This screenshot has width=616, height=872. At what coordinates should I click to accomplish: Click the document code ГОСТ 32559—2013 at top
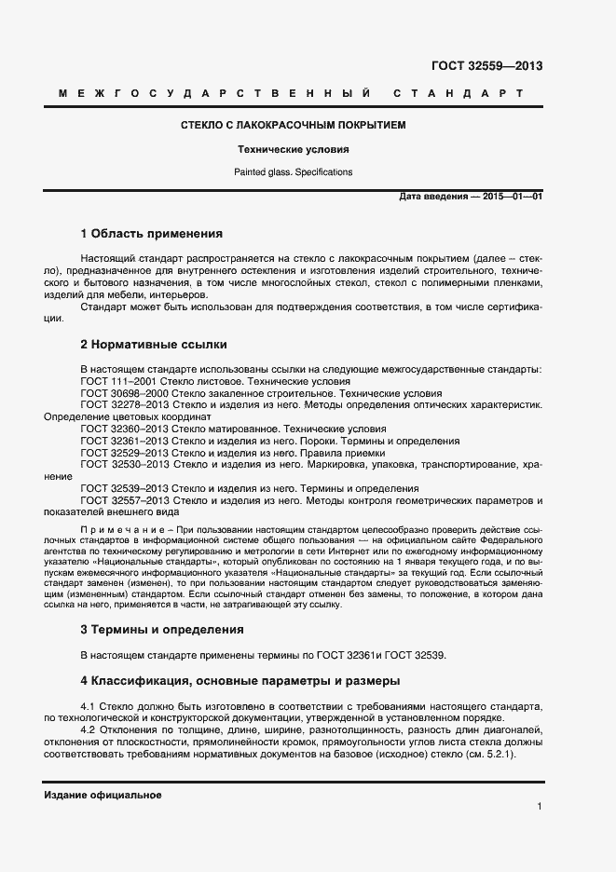[486, 66]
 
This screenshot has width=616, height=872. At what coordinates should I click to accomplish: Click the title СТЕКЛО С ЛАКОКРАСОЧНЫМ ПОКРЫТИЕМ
[293, 125]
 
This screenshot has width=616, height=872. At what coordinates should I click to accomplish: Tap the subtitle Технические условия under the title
[293, 149]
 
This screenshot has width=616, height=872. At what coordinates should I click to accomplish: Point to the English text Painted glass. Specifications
[293, 172]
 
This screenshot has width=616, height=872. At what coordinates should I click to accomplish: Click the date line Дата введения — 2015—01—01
[471, 197]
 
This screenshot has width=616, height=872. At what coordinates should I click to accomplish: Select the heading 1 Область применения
[151, 234]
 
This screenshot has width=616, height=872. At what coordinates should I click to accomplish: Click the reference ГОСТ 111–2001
[115, 381]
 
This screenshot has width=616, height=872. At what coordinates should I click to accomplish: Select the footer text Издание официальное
[103, 795]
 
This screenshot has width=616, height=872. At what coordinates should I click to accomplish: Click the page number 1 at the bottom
[540, 807]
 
